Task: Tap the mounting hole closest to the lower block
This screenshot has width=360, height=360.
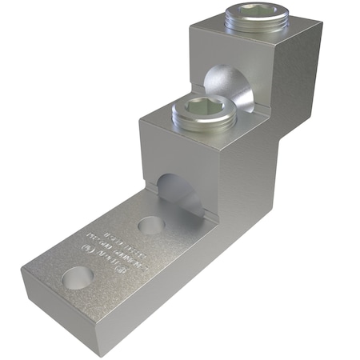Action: click(x=151, y=225)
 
